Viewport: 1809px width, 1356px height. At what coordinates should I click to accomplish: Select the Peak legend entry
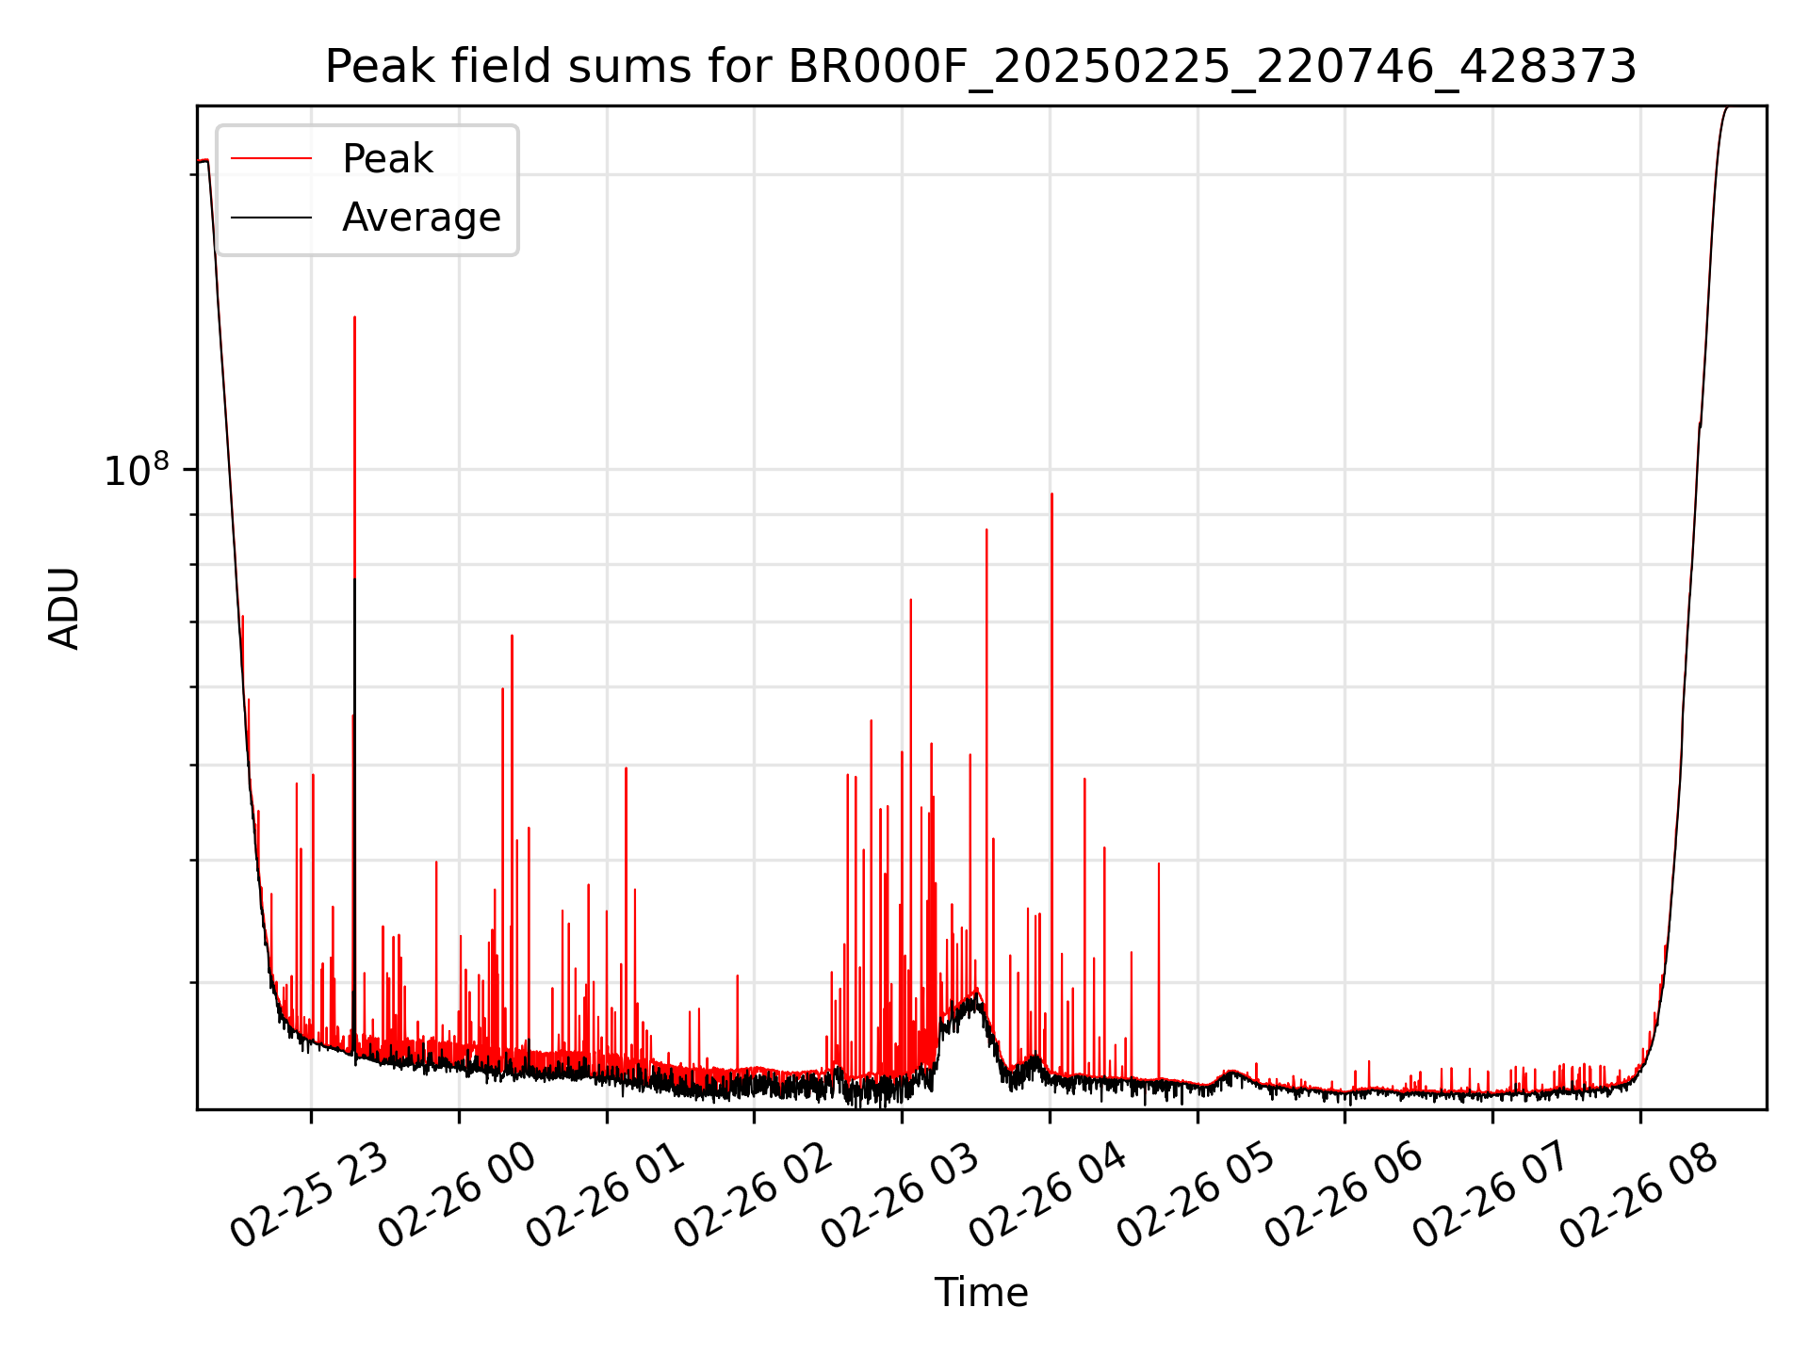[387, 159]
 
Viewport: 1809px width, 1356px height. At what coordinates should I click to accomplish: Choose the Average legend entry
[421, 218]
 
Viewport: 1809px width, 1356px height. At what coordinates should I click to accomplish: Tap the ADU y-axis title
[65, 608]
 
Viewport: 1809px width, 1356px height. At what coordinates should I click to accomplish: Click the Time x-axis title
[981, 1292]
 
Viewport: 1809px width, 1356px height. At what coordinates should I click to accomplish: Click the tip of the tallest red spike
[354, 317]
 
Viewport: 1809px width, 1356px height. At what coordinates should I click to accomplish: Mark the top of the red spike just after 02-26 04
[1051, 493]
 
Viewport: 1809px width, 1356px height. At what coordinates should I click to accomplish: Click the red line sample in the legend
[271, 159]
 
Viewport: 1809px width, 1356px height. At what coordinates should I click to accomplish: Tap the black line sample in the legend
[271, 218]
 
